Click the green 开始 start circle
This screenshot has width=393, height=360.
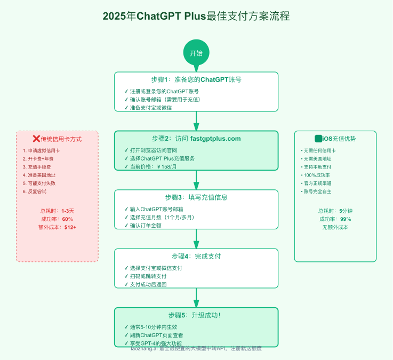(196, 53)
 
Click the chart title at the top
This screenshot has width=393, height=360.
(196, 16)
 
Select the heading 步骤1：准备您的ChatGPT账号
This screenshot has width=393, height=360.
(196, 79)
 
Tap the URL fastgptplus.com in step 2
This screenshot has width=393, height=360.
(215, 139)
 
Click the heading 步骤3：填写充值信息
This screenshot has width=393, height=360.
(196, 197)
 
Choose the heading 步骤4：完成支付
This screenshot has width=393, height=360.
(196, 256)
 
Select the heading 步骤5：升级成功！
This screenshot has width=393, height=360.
(196, 315)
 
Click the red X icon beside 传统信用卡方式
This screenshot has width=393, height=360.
(36, 139)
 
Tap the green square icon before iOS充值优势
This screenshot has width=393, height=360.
(318, 139)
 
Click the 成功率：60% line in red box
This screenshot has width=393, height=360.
(57, 219)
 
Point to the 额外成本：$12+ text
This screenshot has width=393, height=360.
(57, 227)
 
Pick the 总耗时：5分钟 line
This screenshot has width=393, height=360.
(335, 211)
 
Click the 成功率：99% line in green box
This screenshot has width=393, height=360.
(335, 219)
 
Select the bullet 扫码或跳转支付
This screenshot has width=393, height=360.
(148, 276)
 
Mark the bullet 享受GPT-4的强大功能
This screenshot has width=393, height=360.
(156, 343)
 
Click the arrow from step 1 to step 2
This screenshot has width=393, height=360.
(196, 121)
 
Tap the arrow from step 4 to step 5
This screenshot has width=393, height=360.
(196, 298)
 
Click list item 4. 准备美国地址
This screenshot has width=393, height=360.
(39, 174)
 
